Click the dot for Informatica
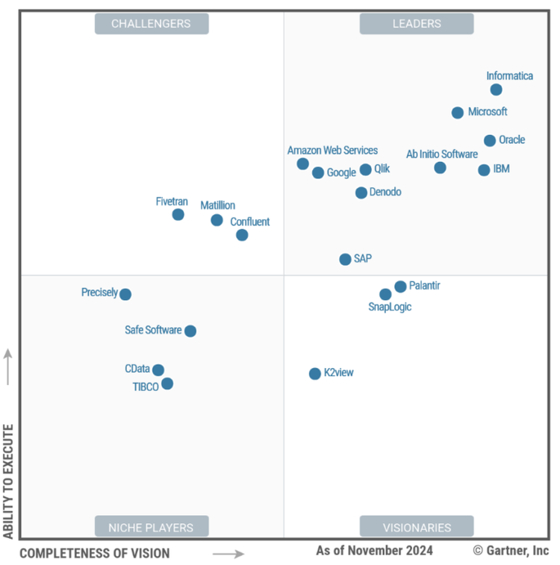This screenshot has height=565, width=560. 496,90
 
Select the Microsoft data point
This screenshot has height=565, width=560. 458,113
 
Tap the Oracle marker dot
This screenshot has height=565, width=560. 490,140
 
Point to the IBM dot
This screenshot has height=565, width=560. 484,170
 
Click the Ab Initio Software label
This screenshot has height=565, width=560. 442,154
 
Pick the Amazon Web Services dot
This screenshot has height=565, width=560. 302,164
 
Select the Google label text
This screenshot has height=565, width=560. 341,173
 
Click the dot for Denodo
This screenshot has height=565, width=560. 361,193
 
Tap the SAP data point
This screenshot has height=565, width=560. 345,260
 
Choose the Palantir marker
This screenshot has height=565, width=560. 400,287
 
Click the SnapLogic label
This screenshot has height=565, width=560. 390,307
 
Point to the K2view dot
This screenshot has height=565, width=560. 315,374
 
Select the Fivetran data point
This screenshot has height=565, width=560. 178,215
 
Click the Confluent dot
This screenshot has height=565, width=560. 242,235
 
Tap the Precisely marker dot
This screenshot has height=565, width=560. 125,294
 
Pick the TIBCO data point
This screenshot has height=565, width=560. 167,384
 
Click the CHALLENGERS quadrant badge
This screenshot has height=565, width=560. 152,24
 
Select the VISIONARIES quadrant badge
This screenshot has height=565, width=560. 417,527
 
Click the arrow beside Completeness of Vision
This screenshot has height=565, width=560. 228,554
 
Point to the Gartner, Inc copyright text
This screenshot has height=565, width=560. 511,551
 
